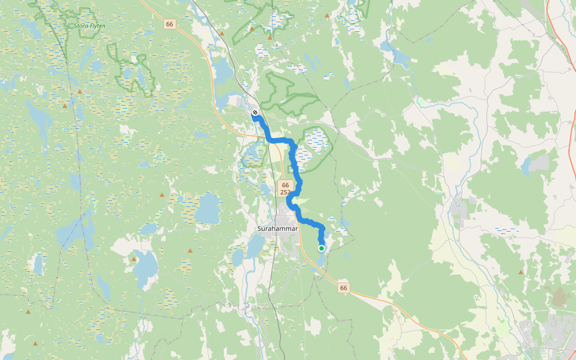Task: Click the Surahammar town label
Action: pos(278,229)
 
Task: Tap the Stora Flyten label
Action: pos(89,26)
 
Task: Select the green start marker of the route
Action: pos(322,248)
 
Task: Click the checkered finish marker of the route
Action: pos(255,112)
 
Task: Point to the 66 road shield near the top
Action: pos(170,24)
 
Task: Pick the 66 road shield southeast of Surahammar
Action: pos(343,288)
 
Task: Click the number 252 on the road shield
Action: pos(285,193)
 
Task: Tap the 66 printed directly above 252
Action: pos(285,185)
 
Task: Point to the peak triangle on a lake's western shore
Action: pos(133,259)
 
